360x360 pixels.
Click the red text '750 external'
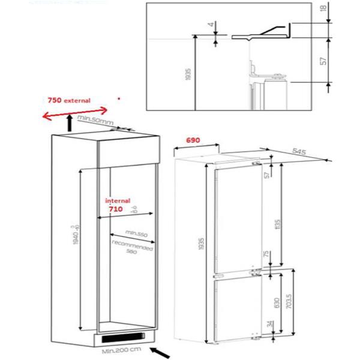(68, 100)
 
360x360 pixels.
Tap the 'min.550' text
(136, 233)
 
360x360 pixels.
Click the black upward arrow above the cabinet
(70, 124)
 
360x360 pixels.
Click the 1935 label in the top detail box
(187, 74)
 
